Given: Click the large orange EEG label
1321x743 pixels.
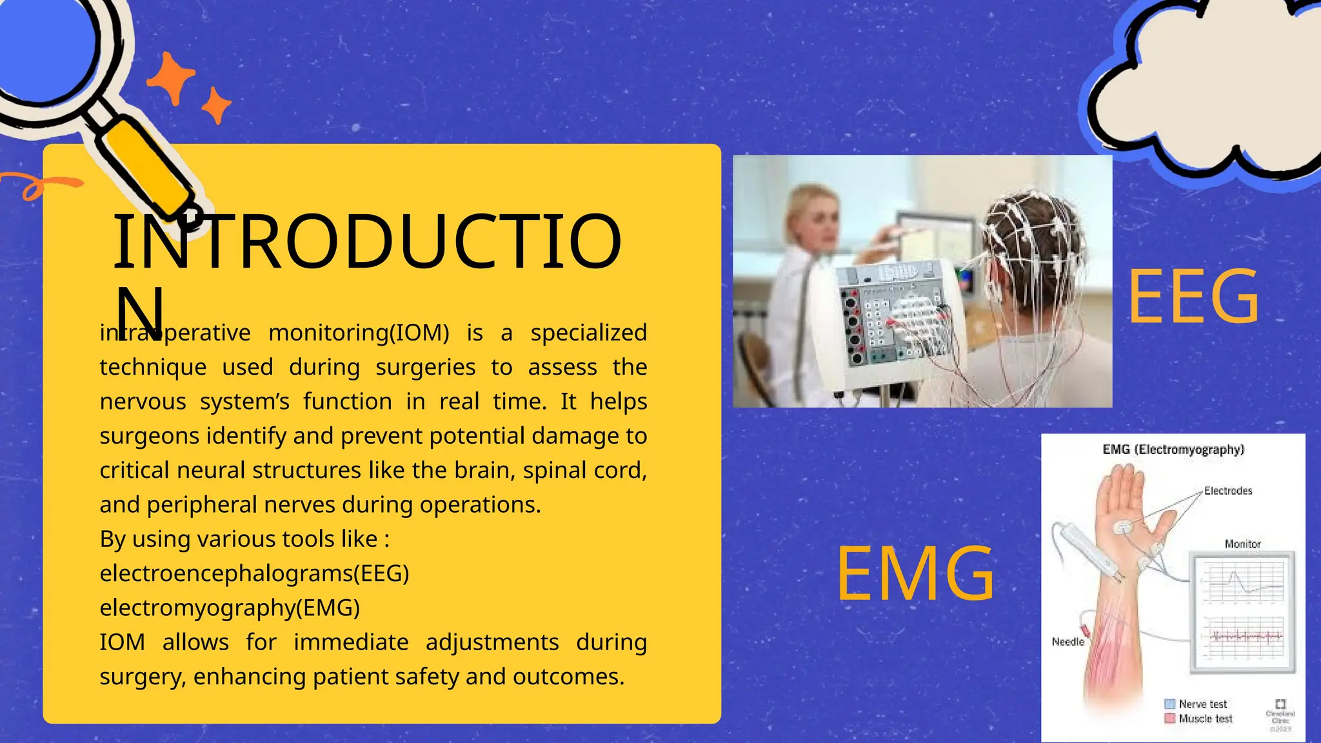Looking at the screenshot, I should point(1193,298).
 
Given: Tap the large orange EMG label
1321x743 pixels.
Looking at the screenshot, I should point(915,574).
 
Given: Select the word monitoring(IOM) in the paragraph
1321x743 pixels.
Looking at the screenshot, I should point(359,333).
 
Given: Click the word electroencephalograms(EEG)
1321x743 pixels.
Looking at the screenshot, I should point(254,573).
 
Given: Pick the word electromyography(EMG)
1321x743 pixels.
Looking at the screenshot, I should point(230,608).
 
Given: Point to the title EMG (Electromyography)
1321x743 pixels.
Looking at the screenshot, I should point(1173,450).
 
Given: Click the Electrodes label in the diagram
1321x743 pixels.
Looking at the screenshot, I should point(1228,491).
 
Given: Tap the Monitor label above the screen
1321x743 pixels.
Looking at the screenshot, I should point(1242,544).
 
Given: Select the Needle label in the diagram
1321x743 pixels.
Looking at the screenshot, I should point(1068,642).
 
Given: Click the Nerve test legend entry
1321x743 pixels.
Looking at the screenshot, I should point(1202,704).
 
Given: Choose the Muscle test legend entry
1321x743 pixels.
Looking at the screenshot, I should point(1205,718).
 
